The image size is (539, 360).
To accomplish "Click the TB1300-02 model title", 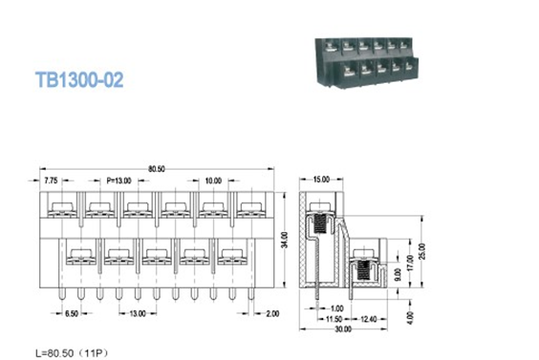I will (79, 81).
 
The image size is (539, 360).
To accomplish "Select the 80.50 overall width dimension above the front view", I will (157, 169).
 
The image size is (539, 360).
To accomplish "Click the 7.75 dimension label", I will (50, 180).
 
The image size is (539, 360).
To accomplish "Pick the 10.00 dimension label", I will (211, 180).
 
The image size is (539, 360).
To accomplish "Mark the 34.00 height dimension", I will (283, 239).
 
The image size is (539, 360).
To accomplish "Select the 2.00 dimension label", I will (273, 313).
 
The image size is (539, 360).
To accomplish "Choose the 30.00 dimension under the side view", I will (341, 329).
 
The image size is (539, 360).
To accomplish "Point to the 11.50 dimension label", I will (334, 318).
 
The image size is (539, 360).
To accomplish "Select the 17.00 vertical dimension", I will (408, 264).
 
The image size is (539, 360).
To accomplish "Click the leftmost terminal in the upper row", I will (59, 209).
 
